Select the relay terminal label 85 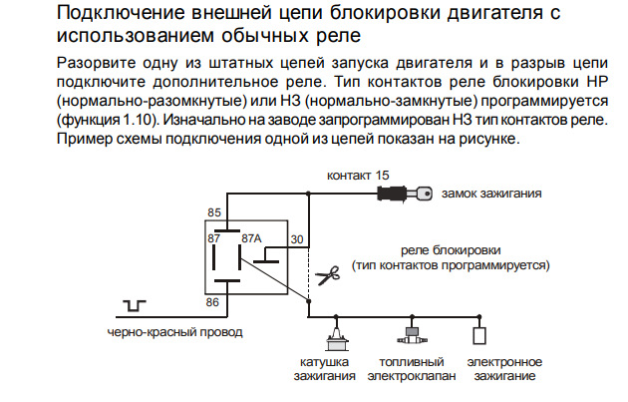pyautogui.click(x=214, y=212)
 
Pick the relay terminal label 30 pyautogui.click(x=297, y=238)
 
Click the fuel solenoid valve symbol pyautogui.click(x=410, y=334)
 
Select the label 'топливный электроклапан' pyautogui.click(x=411, y=368)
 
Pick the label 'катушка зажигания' pyautogui.click(x=325, y=368)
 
